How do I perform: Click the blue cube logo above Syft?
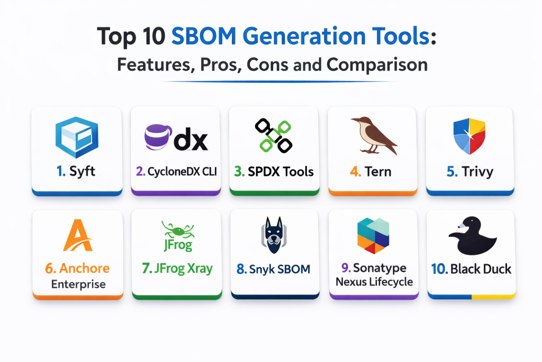pos(77,137)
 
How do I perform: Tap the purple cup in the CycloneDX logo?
pos(158,137)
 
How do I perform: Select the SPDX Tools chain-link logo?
pos(274,136)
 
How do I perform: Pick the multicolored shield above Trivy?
pos(469,136)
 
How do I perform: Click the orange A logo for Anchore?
pos(78,235)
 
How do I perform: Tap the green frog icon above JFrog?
pos(178,229)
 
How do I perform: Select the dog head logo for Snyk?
pos(274,235)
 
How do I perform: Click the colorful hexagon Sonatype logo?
pos(373,236)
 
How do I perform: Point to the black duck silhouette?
pos(472,236)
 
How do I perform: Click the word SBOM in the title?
pos(204,36)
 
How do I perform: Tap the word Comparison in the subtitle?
pos(377,65)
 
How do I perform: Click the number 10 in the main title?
pos(153,37)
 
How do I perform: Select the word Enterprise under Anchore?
pos(78,284)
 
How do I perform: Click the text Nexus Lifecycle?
pos(374,282)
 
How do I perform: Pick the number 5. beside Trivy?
pos(452,172)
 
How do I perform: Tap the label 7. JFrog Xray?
pos(177,269)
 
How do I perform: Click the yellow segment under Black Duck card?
pos(493,297)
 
